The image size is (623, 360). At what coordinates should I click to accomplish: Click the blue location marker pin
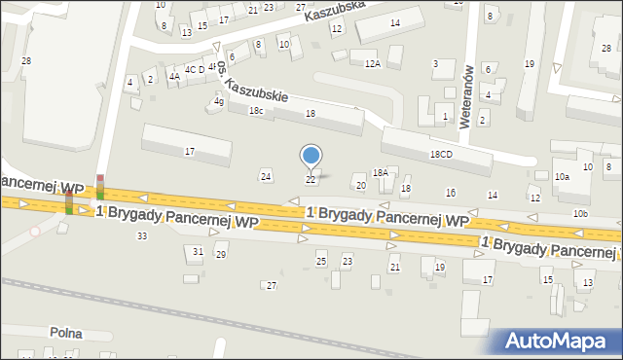[311, 156]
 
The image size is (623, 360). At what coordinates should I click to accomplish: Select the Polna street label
[68, 333]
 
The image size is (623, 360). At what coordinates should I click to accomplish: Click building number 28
[26, 61]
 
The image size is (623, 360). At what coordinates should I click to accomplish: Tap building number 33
[142, 236]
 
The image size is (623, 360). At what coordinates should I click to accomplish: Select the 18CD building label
[441, 155]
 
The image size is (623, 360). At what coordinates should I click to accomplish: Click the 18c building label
[255, 112]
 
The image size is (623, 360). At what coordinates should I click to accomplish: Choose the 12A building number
[372, 63]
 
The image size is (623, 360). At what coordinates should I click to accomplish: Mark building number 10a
[562, 177]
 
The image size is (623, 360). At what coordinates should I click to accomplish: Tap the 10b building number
[580, 213]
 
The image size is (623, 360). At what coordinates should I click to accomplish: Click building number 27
[272, 285]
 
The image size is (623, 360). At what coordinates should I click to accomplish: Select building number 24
[265, 176]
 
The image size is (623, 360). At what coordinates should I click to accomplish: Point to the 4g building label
[219, 101]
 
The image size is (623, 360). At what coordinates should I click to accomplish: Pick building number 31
[198, 252]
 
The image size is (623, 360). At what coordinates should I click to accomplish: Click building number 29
[221, 255]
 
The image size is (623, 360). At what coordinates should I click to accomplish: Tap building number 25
[321, 261]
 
